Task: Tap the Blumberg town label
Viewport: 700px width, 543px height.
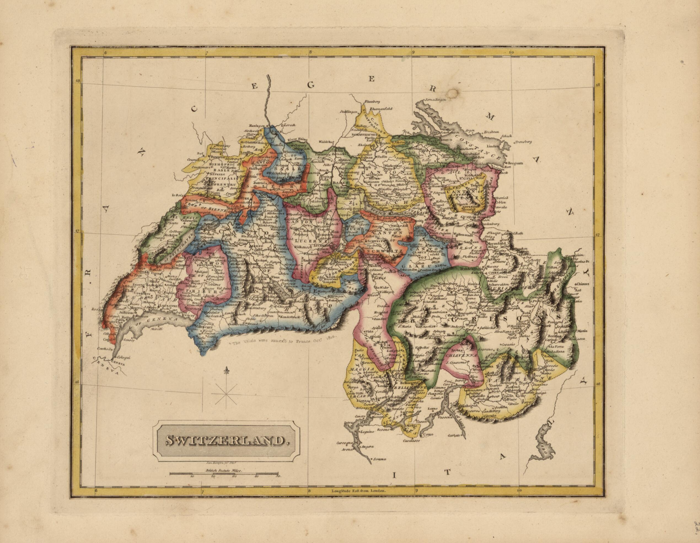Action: point(372,102)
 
